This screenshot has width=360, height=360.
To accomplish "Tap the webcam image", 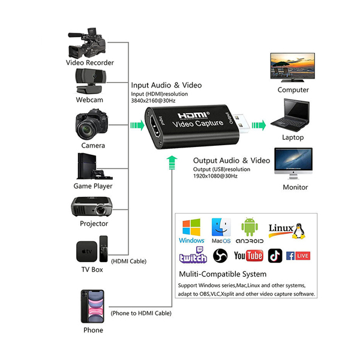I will pos(89,80).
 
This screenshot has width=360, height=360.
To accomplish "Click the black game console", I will pos(91,166).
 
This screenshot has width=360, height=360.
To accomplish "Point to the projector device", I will pos(90,207).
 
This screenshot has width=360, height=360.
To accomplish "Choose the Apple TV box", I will pos(90,250).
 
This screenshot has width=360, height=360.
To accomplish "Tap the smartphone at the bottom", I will pos(92,305).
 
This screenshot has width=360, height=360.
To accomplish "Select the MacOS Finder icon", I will pos(221,227).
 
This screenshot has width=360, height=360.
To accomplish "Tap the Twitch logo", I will pos(193,256).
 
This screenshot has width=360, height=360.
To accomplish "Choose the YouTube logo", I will pos(248,256).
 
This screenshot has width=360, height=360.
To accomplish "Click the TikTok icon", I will pos(275,256).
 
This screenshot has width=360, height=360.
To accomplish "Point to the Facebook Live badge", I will pos(298,256).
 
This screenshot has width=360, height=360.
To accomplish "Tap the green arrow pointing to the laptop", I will pos(259,125).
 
